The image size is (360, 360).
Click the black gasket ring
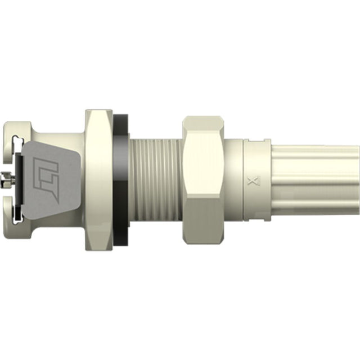coord(121,180)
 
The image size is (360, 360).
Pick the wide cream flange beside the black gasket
coord(98,180)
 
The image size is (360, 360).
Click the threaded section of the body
coord(155,180)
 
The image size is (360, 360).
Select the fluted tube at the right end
coord(315,180)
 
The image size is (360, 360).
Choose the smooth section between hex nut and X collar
coord(233,180)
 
